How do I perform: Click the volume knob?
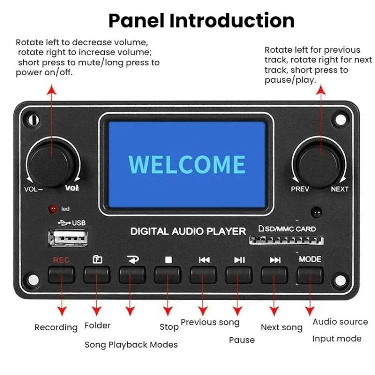(x=52, y=162)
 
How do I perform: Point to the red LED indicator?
(x=52, y=209)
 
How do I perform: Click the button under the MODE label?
(x=310, y=274)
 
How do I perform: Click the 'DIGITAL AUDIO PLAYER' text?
(x=188, y=231)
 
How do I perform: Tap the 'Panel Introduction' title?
(x=201, y=21)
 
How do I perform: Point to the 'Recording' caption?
(x=56, y=328)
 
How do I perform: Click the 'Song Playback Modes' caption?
(x=131, y=345)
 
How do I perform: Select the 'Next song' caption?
(x=281, y=328)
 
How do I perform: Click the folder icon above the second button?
(x=97, y=260)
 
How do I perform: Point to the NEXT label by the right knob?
(x=340, y=189)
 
